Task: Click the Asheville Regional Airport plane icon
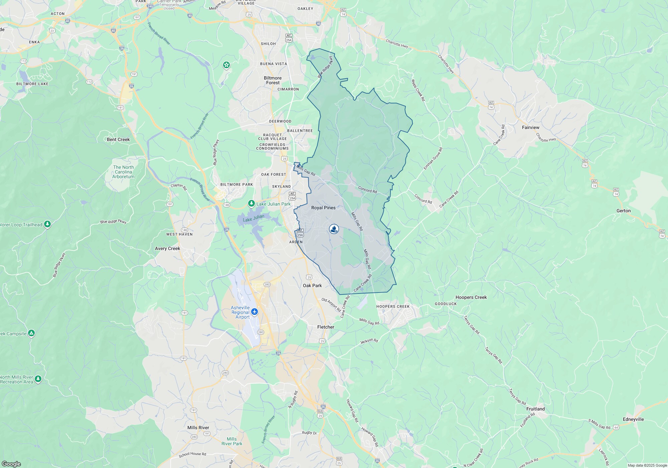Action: coord(255,312)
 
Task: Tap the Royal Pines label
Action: coord(323,208)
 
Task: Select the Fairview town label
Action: coord(530,127)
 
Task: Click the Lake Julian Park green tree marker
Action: coord(251,204)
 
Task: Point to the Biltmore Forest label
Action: coord(273,80)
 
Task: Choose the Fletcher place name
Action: coord(326,327)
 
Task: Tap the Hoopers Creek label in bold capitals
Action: coord(393,306)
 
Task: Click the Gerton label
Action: coord(624,211)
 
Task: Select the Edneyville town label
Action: coord(633,419)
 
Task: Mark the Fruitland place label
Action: coord(535,409)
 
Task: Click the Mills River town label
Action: coord(198,428)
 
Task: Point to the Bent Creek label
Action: coord(118,139)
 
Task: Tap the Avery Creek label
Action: coord(167,248)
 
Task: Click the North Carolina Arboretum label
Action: coord(123,172)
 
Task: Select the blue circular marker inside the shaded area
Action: coord(334,229)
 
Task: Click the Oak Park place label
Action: coord(312,285)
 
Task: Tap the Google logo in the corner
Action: coord(11,464)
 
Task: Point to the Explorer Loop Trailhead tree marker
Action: coord(47,224)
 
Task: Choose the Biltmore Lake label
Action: coord(32,84)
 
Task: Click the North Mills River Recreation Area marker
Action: coord(38,379)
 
